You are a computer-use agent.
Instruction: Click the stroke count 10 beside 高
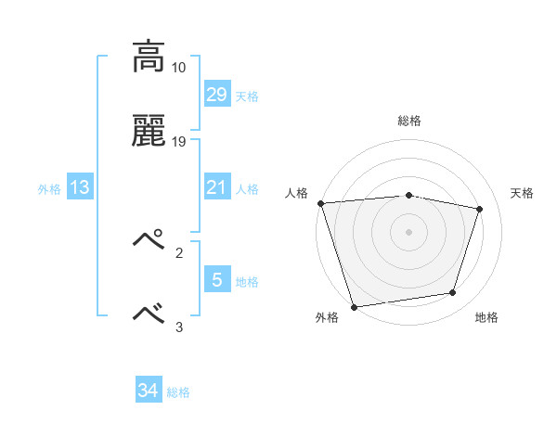pyautogui.click(x=178, y=68)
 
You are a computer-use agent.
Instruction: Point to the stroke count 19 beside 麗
pyautogui.click(x=178, y=142)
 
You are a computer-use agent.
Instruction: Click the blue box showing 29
pyautogui.click(x=216, y=94)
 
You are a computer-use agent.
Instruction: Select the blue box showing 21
pyautogui.click(x=216, y=187)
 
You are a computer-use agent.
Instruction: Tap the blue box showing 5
pyautogui.click(x=216, y=279)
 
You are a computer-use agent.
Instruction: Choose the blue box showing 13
pyautogui.click(x=80, y=187)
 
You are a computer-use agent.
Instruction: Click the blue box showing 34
pyautogui.click(x=148, y=391)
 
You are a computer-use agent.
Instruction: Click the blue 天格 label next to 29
pyautogui.click(x=247, y=96)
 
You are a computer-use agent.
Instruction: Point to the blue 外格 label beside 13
pyautogui.click(x=49, y=189)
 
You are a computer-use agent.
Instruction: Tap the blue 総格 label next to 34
pyautogui.click(x=178, y=393)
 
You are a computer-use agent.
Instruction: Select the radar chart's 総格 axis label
pyautogui.click(x=409, y=121)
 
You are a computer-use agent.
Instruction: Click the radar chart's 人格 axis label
pyautogui.click(x=296, y=193)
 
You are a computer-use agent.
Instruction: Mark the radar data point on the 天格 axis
pyautogui.click(x=480, y=209)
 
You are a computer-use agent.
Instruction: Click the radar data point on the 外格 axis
pyautogui.click(x=354, y=306)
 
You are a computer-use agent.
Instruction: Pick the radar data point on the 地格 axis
pyautogui.click(x=453, y=292)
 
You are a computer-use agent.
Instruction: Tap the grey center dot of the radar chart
pyautogui.click(x=408, y=231)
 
